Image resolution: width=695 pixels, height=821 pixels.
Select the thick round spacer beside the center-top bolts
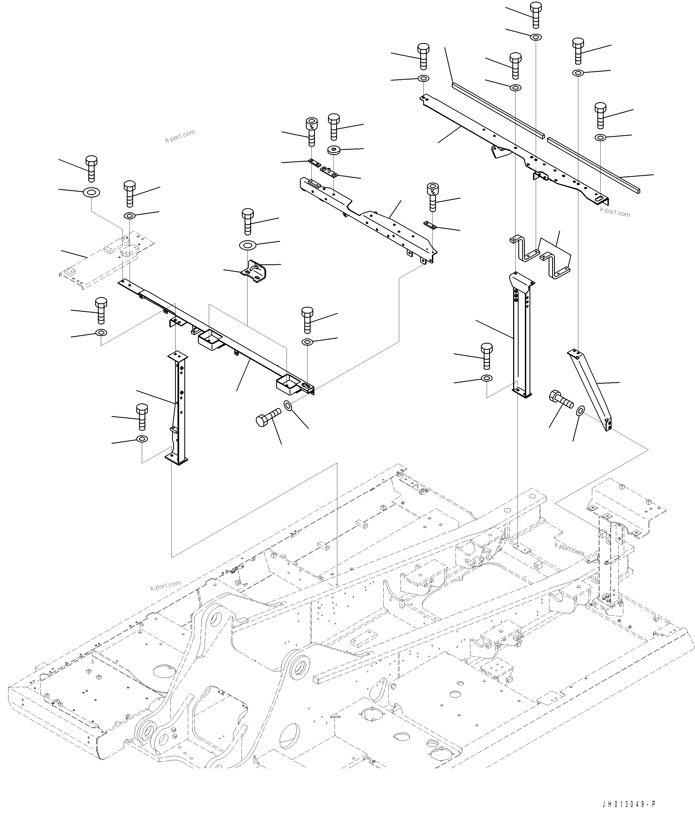click(334, 150)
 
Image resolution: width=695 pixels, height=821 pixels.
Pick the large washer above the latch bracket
click(247, 245)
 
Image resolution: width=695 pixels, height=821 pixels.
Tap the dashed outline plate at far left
click(106, 260)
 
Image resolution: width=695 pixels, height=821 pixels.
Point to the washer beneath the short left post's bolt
click(142, 439)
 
